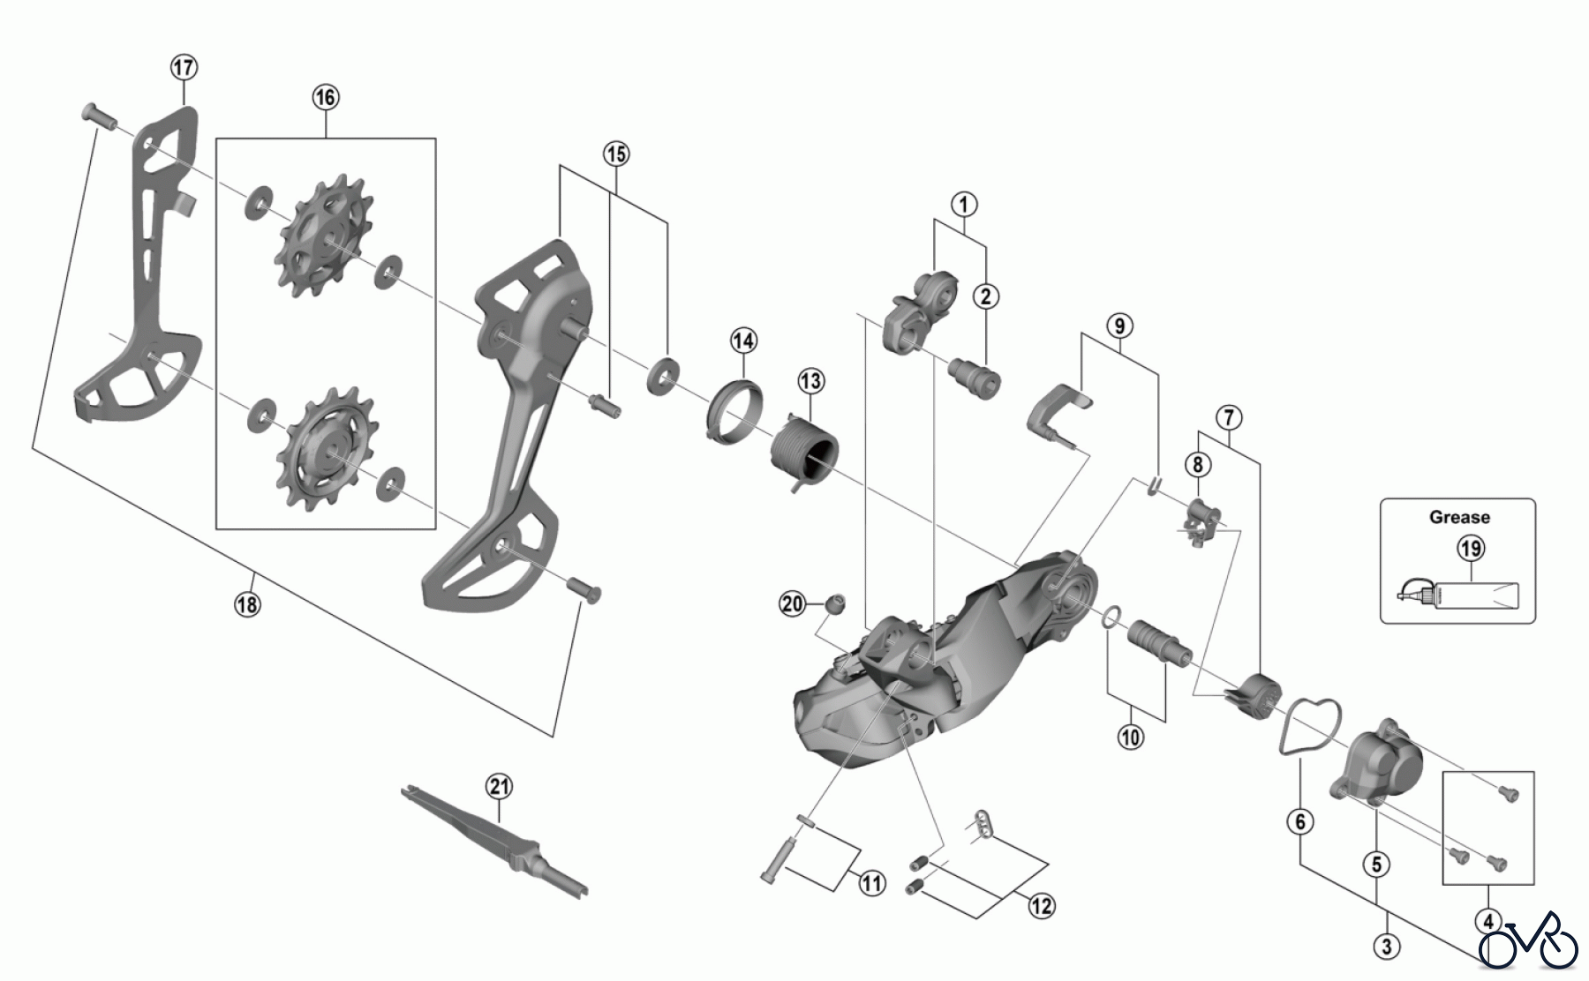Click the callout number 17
184,67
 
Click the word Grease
1459,518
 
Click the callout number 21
499,786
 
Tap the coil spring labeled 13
806,450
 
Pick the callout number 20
793,604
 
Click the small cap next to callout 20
834,603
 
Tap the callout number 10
1130,737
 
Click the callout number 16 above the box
325,97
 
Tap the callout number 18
248,604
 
